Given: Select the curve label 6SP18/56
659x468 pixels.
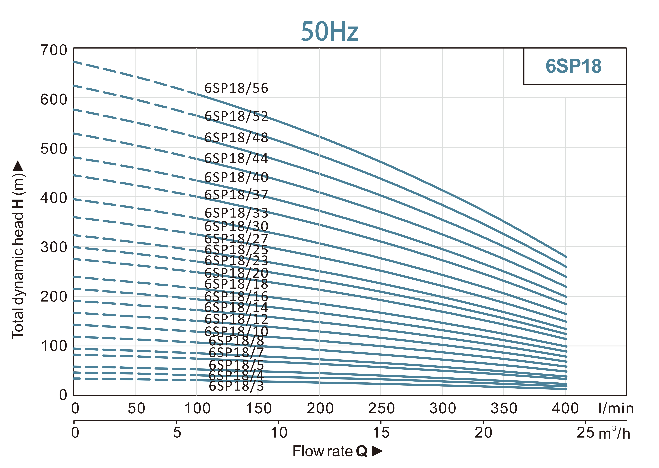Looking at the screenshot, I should [236, 88].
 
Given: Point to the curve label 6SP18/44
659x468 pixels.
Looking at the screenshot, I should [236, 158].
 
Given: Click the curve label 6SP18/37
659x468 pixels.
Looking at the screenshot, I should [236, 195].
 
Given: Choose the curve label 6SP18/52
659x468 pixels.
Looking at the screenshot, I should [236, 116].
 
